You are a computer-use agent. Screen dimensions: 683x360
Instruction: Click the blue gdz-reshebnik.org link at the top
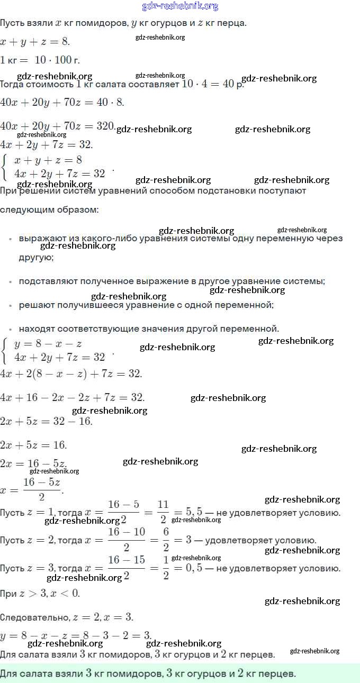(180, 6)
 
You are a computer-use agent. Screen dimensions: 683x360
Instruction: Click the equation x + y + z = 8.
(35, 42)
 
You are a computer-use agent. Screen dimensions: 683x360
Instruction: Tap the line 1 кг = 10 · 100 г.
(40, 60)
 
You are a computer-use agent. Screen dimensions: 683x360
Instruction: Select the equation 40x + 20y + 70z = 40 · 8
(62, 102)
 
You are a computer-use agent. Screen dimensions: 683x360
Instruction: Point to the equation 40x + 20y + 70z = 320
(57, 126)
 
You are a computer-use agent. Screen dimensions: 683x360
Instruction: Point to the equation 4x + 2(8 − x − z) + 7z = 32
(71, 374)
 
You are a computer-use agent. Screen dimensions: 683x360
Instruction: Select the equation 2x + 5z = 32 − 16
(46, 421)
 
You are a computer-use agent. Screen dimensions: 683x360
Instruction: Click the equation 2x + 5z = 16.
(34, 445)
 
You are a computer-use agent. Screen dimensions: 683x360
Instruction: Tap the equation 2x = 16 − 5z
(33, 463)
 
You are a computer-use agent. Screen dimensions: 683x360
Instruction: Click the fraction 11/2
(163, 512)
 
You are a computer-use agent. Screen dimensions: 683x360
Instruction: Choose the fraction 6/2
(166, 540)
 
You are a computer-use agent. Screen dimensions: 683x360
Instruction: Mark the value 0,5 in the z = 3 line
(191, 568)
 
